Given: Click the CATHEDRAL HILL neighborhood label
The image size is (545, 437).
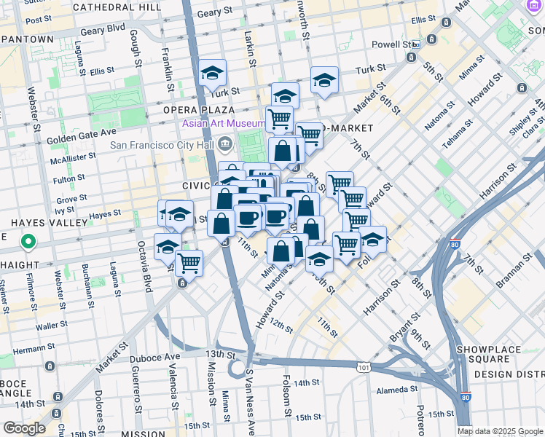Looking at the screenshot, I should pos(117,7).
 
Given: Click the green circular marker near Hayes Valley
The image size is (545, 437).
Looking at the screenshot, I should pos(28,241).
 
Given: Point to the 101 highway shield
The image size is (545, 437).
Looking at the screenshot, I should pos(363,368).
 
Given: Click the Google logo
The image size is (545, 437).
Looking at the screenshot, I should pos(23,428).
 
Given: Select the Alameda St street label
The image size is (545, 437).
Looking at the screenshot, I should pos(397,390).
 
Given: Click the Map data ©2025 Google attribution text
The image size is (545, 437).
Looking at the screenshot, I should pos(500,431).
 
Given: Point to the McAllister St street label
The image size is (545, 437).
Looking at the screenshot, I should pos(73,157).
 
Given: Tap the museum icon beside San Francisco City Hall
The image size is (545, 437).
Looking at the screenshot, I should pos(225,143).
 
